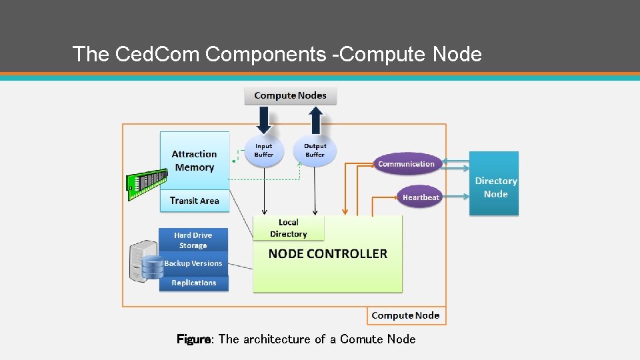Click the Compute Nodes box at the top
[x=290, y=95]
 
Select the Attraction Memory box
[x=194, y=161]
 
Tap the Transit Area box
[x=194, y=201]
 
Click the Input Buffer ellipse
[x=264, y=151]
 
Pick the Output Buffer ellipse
[x=315, y=151]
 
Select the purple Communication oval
[x=406, y=164]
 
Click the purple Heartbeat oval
[x=421, y=197]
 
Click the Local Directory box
[x=289, y=228]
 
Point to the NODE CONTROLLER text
[x=327, y=253]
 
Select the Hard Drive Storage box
[x=193, y=240]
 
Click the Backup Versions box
[x=193, y=263]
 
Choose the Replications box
[x=193, y=283]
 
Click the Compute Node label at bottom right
[x=405, y=315]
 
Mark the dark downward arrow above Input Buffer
[x=264, y=120]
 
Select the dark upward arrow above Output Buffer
[x=315, y=120]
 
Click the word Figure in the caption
[x=193, y=339]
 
